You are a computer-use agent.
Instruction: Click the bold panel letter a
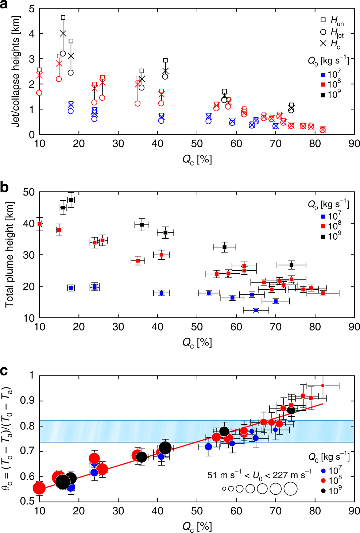[4, 5]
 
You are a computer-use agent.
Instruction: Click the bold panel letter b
[4, 187]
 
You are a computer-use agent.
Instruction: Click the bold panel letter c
[4, 371]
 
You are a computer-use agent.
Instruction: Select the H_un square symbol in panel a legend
[323, 20]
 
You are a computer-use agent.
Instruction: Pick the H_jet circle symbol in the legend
[323, 32]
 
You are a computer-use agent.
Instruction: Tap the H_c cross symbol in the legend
[323, 43]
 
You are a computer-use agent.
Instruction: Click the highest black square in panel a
[63, 18]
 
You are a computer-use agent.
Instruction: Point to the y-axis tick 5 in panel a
[32, 9]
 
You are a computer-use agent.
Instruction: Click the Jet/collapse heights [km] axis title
[15, 71]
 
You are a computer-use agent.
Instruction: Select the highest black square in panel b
[71, 200]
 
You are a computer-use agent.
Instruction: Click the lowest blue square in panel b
[256, 310]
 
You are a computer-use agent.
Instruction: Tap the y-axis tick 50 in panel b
[29, 192]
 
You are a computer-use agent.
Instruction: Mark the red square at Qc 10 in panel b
[40, 224]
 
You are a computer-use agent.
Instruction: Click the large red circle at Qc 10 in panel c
[39, 488]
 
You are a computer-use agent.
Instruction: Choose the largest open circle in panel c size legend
[290, 488]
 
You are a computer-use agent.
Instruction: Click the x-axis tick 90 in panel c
[354, 511]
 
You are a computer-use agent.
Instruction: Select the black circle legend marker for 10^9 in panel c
[323, 491]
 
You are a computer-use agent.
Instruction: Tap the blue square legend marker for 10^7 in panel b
[323, 217]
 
